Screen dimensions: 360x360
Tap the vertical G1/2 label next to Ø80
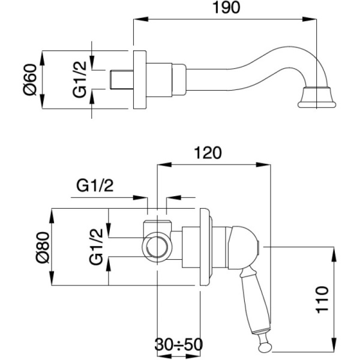(x=97, y=247)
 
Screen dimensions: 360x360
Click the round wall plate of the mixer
(x=205, y=247)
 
